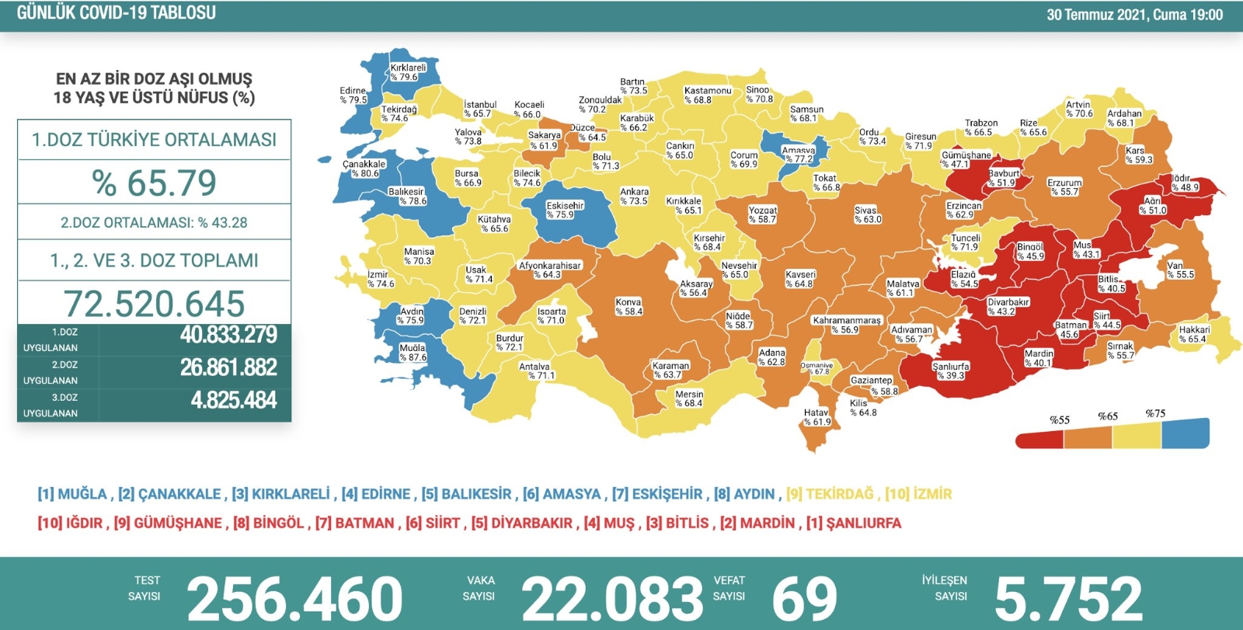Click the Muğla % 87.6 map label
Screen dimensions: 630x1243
(x=413, y=353)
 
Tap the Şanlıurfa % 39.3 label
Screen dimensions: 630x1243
(x=950, y=371)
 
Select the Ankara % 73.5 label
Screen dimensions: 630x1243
(x=634, y=196)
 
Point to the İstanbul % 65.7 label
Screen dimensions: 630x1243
(x=479, y=109)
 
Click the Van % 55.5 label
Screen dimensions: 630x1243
(x=1179, y=270)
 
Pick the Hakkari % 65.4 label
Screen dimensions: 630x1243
(x=1193, y=334)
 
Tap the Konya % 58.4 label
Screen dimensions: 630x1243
(x=628, y=306)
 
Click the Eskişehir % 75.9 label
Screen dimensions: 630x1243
(x=564, y=210)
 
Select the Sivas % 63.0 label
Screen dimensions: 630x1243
(x=866, y=214)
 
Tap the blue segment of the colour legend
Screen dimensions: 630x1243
(x=1186, y=434)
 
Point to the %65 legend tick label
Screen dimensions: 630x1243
(x=1108, y=416)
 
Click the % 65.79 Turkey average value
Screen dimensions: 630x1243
(x=154, y=183)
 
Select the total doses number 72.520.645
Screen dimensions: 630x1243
(x=154, y=304)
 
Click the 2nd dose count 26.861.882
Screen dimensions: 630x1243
(x=228, y=367)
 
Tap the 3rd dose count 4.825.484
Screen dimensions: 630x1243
(x=233, y=400)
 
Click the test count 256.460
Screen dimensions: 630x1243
(x=294, y=598)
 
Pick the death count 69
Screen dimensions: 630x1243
(x=804, y=598)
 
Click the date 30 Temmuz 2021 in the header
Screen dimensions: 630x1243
(x=1095, y=15)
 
